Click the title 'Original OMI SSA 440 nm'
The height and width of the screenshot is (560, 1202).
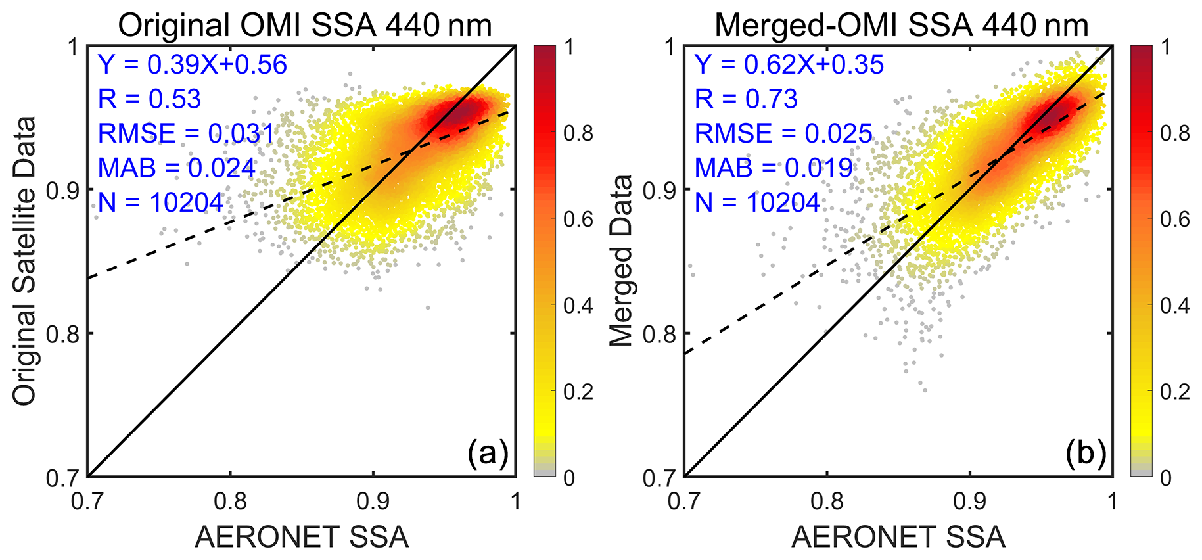coord(305,26)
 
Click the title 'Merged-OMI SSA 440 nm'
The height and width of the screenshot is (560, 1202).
coord(901,26)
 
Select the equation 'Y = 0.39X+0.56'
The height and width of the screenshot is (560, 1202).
coord(193,64)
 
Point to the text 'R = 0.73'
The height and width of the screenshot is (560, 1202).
coord(746,99)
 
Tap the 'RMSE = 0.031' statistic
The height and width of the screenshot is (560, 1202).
coord(186,133)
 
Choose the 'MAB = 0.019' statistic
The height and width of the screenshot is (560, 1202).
coord(774,168)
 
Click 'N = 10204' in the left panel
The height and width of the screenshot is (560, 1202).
coord(161,202)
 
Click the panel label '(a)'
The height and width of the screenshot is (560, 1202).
coord(488,454)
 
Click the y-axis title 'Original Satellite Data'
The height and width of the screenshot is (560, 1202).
coord(25,261)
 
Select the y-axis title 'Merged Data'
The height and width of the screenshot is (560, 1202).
coord(621,261)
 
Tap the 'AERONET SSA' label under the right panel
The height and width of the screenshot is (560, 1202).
coord(898,537)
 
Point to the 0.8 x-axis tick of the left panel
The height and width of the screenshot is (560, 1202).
coord(231,502)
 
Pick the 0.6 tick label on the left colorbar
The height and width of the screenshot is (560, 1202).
coord(578,220)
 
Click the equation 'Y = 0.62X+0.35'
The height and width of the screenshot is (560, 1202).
coord(789,64)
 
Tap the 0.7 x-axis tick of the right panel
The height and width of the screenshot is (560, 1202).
coord(684,502)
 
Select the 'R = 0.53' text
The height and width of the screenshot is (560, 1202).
coord(149,99)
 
